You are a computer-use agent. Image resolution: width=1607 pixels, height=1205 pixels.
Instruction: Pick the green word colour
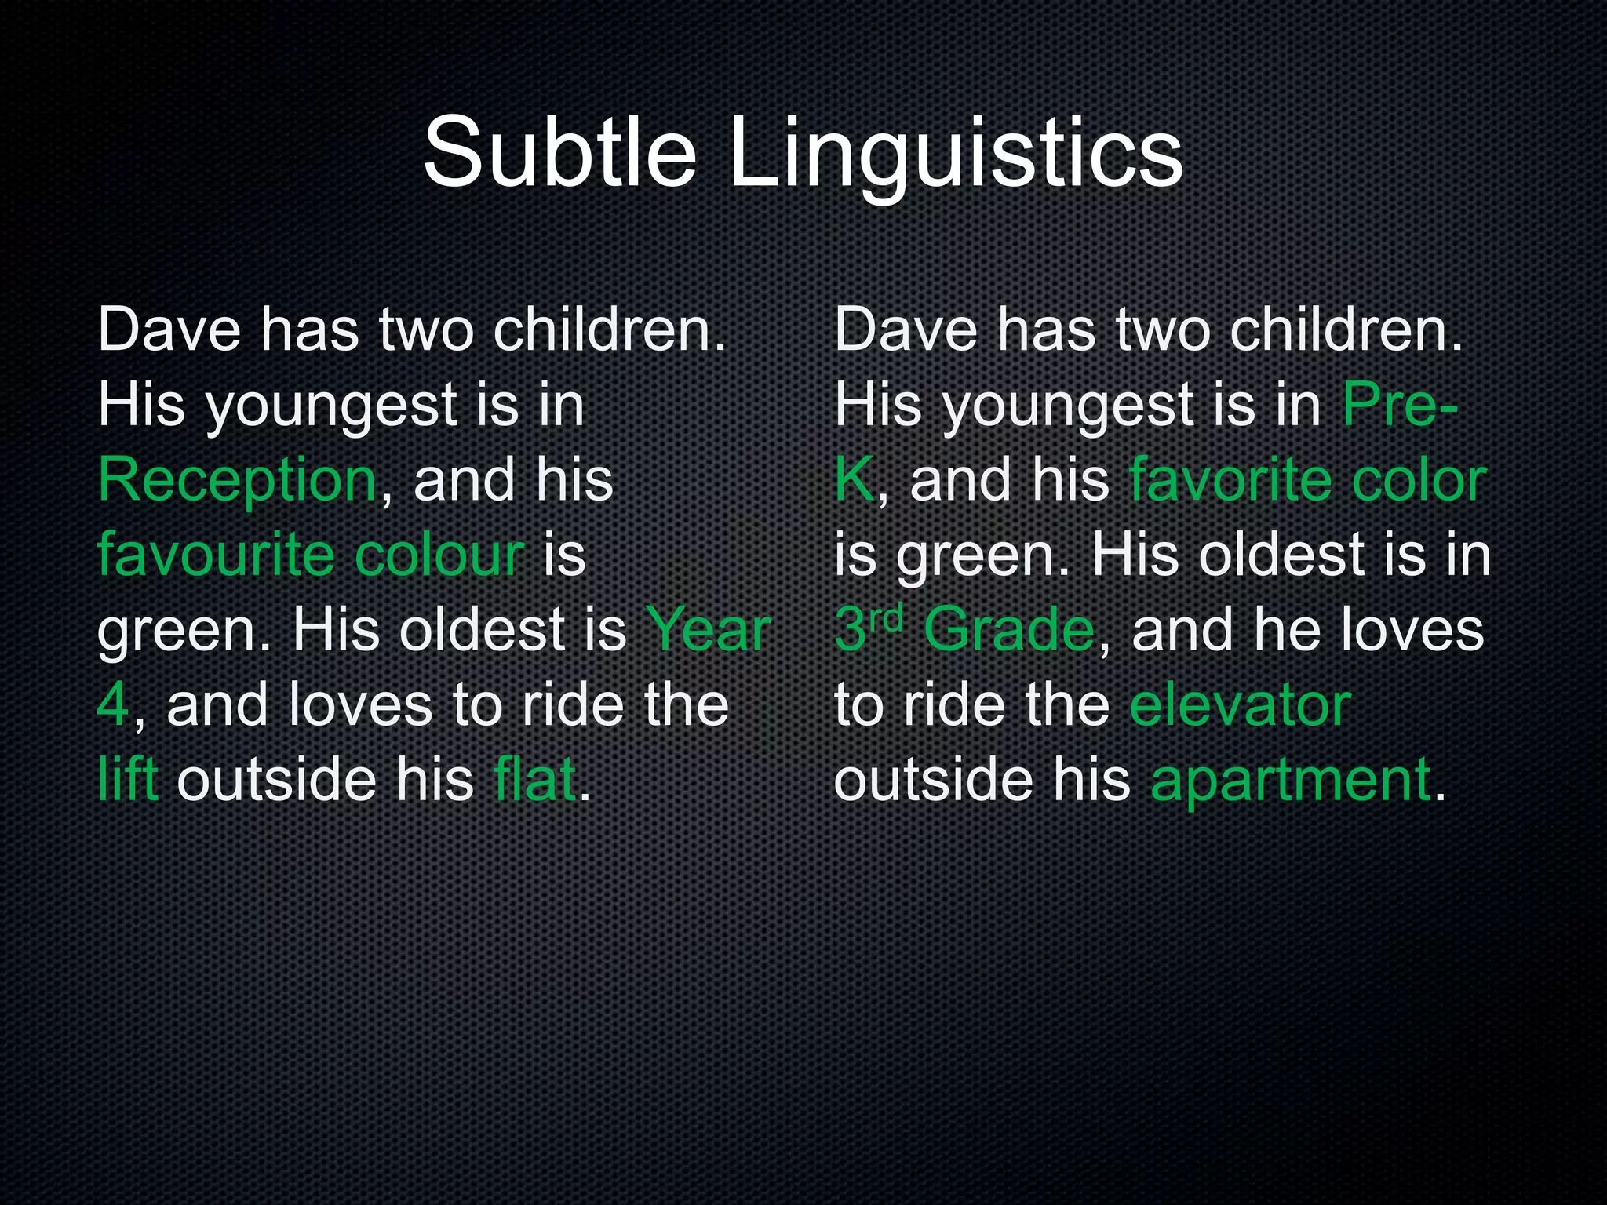pos(439,554)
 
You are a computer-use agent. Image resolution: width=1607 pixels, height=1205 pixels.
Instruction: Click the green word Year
pos(708,630)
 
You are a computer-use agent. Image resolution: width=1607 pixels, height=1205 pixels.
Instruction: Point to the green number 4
pos(113,704)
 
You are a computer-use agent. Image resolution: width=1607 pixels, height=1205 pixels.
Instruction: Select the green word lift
pos(128,780)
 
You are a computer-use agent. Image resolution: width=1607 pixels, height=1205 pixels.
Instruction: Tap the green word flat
pos(535,780)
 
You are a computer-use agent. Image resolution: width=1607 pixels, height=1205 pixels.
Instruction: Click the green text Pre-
pos(1400,405)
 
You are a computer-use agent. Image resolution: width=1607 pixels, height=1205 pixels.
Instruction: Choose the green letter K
pos(854,480)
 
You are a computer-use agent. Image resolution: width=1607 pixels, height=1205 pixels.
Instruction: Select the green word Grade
pos(1009,630)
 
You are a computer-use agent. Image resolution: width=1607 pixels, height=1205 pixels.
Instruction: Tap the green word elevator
pos(1241,704)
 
